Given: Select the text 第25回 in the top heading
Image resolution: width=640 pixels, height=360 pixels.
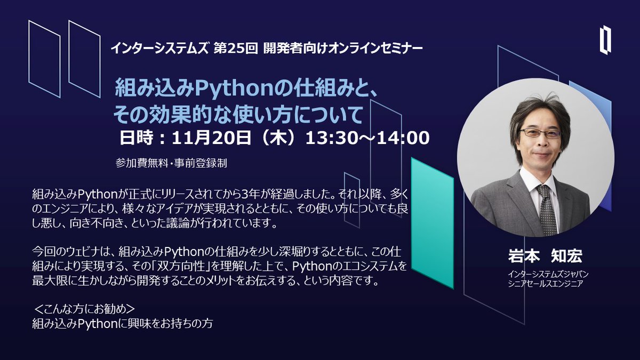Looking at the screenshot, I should point(236,49).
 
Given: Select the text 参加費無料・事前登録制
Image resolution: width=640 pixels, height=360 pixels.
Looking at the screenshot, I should point(171,163).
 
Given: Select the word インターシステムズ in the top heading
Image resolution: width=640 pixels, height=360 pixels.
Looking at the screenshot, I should point(159,49).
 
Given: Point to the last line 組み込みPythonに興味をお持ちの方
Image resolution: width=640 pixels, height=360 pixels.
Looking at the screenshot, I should point(123,323).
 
